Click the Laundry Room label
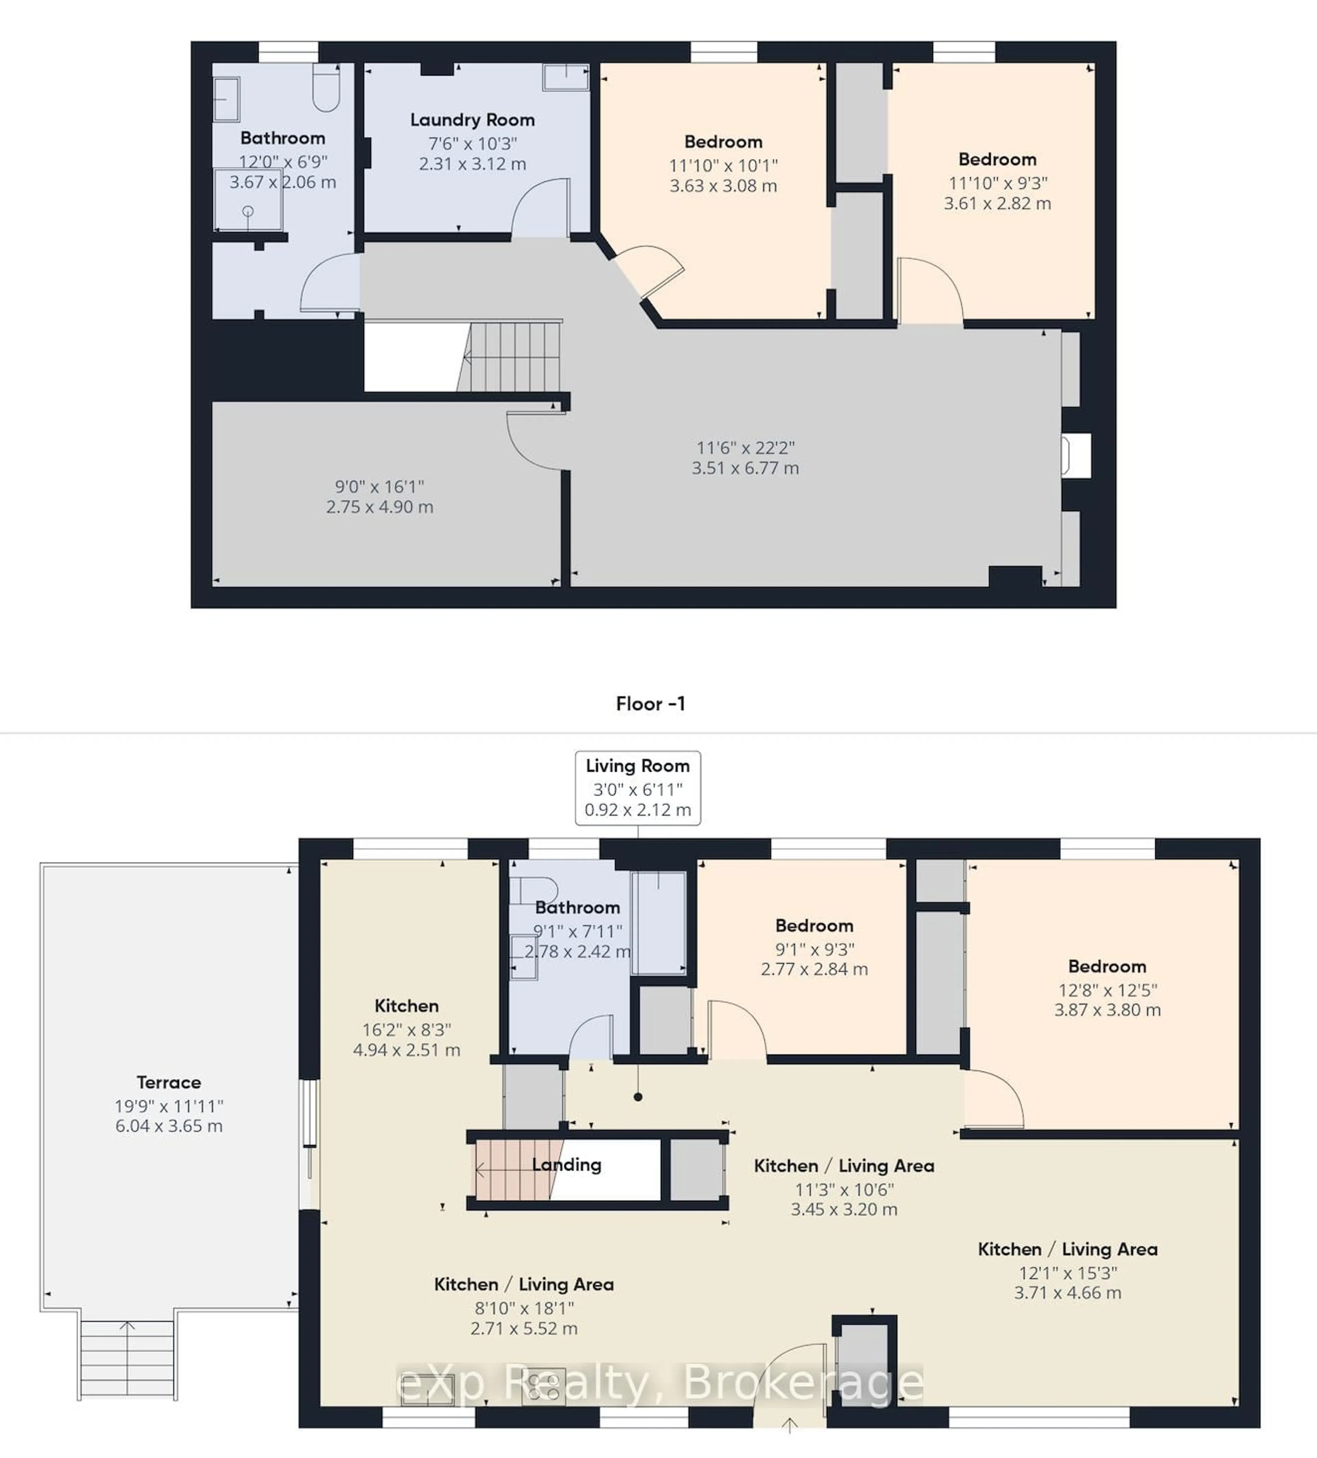click(472, 120)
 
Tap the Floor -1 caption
click(650, 704)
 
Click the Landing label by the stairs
click(566, 1164)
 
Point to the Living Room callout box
click(637, 788)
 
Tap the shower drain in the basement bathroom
click(248, 211)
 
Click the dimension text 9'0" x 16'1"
click(379, 487)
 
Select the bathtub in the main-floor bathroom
click(658, 922)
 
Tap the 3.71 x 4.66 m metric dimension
click(1067, 1292)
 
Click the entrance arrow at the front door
click(790, 1425)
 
